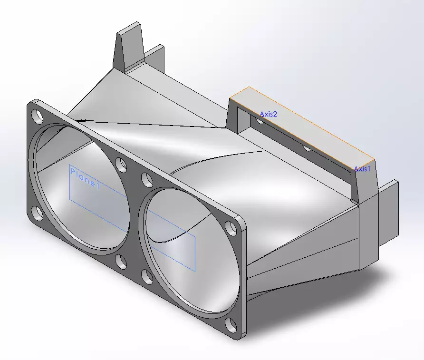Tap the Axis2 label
[268, 114]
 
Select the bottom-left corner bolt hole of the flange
[37, 213]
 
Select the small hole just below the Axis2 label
[260, 121]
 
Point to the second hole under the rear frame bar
[307, 148]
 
